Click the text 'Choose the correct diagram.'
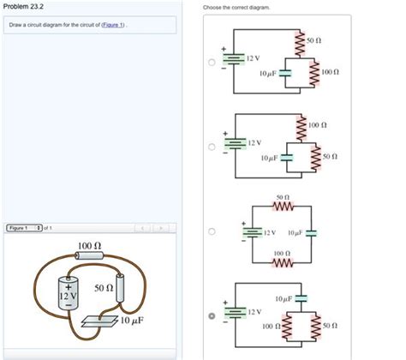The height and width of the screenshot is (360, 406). click(x=236, y=7)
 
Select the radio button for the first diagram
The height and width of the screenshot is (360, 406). click(x=212, y=62)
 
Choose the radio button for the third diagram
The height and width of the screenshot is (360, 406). click(x=212, y=231)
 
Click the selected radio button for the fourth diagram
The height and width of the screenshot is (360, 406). click(x=212, y=315)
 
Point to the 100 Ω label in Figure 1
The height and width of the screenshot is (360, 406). click(x=90, y=246)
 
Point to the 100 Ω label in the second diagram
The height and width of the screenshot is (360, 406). click(x=318, y=125)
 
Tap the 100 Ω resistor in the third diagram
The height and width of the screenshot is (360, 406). click(x=283, y=262)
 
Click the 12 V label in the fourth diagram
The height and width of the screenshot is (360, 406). click(x=254, y=311)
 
